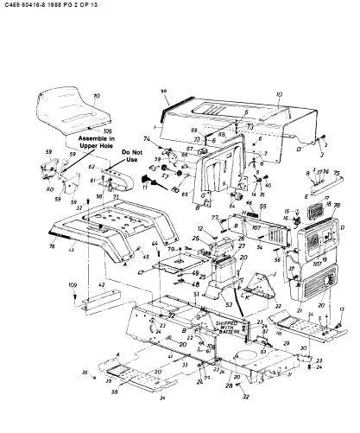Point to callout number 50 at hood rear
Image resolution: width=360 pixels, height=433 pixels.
[x=162, y=91]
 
